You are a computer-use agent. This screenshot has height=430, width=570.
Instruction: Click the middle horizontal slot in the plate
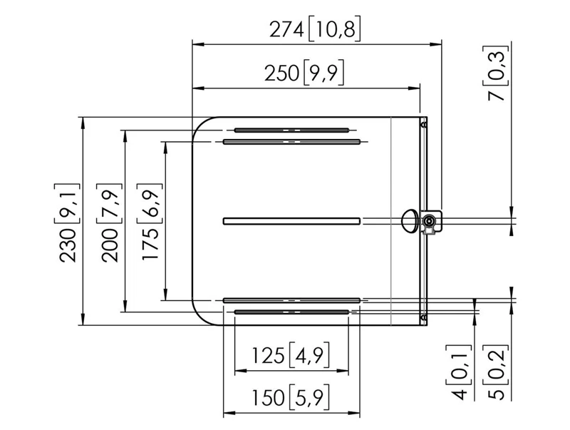pos(291,221)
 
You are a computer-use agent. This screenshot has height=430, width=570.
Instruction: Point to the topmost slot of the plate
pos(291,130)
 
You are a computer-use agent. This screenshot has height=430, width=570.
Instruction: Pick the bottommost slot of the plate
pos(291,312)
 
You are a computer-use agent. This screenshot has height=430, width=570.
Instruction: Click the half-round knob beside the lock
pos(410,221)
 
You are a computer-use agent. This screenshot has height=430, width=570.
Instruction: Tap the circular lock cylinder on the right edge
pos(429,221)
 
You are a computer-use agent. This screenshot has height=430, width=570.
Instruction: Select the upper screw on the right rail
pos(423,125)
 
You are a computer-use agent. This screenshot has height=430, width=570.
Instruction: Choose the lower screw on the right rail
pos(423,317)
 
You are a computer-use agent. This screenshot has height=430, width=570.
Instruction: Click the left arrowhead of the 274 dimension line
pos(198,44)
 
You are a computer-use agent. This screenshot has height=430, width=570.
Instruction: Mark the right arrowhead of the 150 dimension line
pos(354,413)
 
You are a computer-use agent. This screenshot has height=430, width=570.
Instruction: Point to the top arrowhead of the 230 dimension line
pos(83,123)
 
